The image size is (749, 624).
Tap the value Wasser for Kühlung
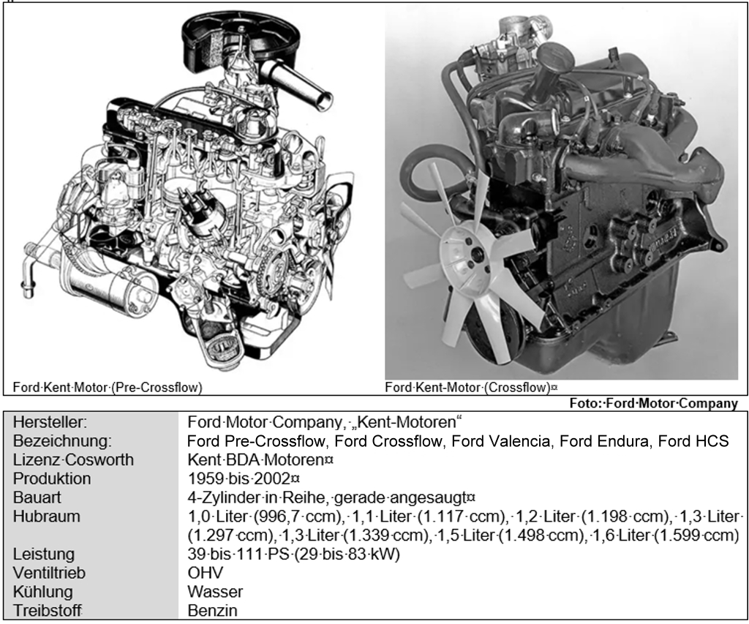pos(215,592)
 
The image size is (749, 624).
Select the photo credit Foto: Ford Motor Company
pos(655,402)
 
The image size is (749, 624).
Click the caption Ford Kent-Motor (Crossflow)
pos(465,387)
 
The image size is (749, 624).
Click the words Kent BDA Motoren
pos(241,460)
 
